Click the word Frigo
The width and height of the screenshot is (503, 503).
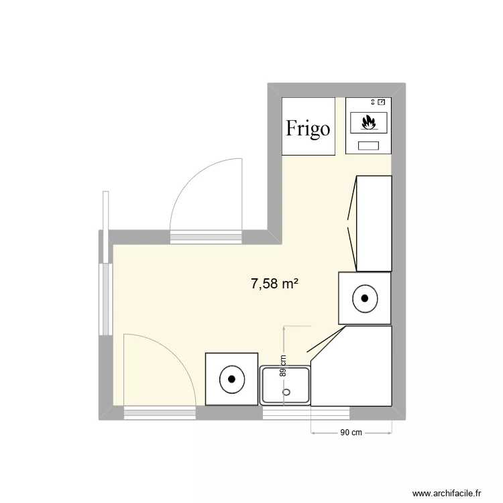point(308,129)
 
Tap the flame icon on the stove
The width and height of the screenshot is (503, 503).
point(369,122)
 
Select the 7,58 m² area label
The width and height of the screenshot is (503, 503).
point(274,284)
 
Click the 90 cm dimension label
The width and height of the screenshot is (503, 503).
point(351,433)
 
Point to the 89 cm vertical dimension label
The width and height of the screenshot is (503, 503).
point(283,366)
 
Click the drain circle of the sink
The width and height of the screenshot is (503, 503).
point(286,392)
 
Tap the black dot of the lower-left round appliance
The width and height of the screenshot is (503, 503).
point(231,379)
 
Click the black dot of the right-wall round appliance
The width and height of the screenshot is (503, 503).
point(365,298)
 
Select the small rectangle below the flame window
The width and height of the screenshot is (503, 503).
point(368,146)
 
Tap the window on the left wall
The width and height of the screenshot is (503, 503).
point(105,299)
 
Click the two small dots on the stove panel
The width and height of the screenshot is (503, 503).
point(373,102)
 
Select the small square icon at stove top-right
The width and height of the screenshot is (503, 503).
point(381,102)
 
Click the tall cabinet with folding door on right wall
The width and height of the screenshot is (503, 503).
point(374,223)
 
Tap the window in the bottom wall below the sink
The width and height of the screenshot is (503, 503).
point(306,413)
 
